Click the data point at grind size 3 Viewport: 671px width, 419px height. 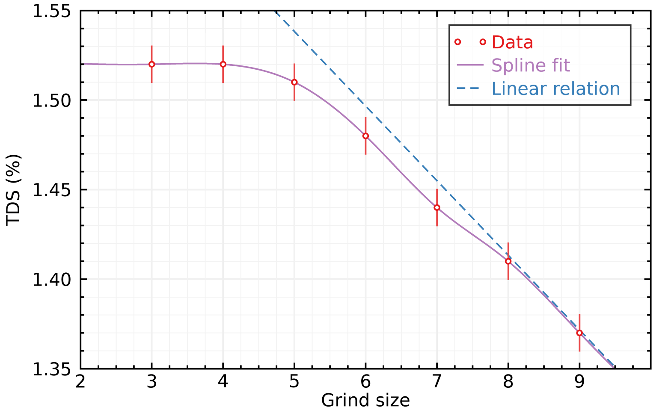(x=151, y=64)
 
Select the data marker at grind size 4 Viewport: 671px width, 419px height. (x=223, y=64)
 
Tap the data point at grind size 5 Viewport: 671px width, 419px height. (x=294, y=82)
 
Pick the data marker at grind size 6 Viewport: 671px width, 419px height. (x=365, y=136)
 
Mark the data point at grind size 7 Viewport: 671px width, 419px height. (x=437, y=207)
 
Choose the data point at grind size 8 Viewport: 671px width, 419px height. (x=508, y=261)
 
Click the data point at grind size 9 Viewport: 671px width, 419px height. (x=579, y=333)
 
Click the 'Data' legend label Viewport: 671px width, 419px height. (x=512, y=42)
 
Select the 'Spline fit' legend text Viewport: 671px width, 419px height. (x=531, y=65)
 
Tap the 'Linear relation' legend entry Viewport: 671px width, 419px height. (x=556, y=89)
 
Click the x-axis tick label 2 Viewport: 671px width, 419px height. (x=80, y=382)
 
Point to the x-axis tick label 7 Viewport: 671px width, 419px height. (x=437, y=382)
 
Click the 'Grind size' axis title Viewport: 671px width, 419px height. (x=365, y=401)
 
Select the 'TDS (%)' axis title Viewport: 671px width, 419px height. (x=14, y=189)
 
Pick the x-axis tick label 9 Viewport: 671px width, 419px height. (x=579, y=382)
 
